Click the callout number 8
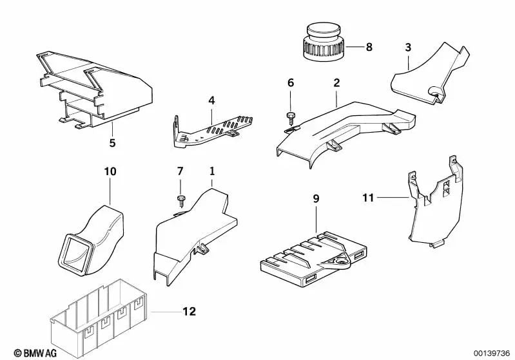369,47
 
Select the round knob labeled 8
324,40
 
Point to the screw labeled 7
180,199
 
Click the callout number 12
189,312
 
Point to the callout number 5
112,143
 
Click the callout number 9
316,199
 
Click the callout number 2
336,83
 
